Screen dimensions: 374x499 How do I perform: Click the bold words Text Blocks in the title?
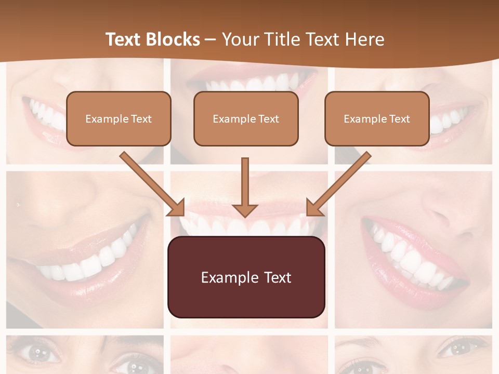point(152,39)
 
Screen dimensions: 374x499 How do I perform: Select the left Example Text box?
point(119,118)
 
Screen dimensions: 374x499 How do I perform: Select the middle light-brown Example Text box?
point(246,118)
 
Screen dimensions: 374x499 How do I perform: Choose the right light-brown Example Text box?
point(377,118)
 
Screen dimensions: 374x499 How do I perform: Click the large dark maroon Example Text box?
point(246,277)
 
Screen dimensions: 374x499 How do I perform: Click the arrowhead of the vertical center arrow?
point(245,209)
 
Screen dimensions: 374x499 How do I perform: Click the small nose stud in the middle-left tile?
point(18,205)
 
